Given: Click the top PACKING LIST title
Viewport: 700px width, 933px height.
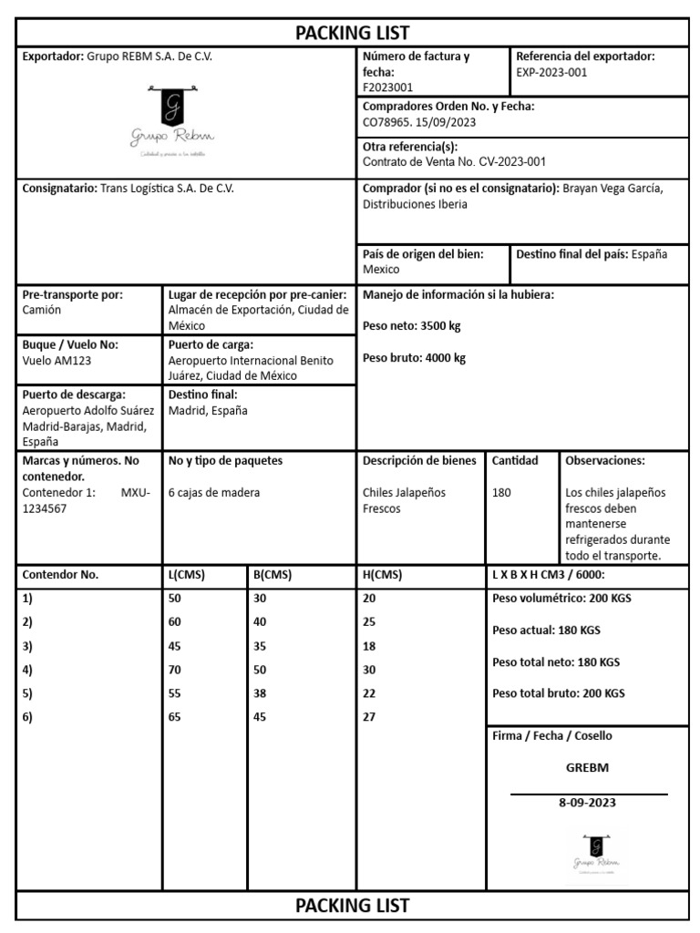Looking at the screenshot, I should tap(353, 33).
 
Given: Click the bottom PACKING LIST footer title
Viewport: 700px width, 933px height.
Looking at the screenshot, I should tap(353, 906).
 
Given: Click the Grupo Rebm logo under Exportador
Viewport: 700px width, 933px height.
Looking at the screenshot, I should tap(172, 124).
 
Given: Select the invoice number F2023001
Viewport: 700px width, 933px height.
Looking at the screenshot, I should tap(387, 87).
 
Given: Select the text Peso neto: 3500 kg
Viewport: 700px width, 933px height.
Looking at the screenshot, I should tap(412, 325).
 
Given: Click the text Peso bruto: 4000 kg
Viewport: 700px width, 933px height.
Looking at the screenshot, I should tap(414, 358).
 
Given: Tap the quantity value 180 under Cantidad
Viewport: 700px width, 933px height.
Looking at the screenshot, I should tap(501, 492).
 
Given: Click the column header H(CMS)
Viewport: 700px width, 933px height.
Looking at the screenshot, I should tap(382, 575).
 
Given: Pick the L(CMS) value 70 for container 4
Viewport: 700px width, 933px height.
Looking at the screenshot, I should tap(175, 670).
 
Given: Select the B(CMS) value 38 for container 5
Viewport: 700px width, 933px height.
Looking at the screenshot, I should tap(260, 693).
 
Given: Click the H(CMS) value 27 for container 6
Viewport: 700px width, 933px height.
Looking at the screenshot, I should tap(369, 717).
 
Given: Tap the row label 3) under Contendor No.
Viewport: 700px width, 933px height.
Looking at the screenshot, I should tap(27, 646).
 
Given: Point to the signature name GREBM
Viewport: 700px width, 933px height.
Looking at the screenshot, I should tap(587, 767).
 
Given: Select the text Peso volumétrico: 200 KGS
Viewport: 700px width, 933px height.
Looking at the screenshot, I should tap(561, 599).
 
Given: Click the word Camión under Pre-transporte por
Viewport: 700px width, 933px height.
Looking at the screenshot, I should tap(41, 310).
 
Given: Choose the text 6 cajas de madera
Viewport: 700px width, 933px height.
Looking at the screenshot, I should tap(214, 492).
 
